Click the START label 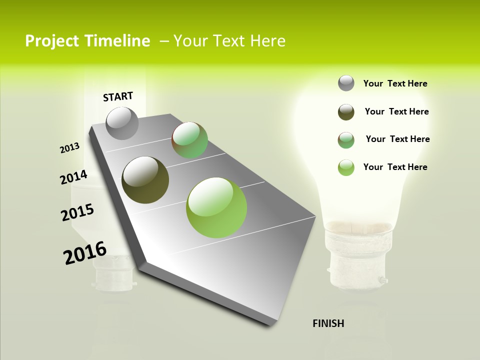point(118,96)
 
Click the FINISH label point(328,323)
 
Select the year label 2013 point(70,148)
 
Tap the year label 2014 point(74,177)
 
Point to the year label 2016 point(85,253)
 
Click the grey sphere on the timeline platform point(122,123)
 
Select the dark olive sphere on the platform point(145,180)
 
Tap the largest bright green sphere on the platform point(216,207)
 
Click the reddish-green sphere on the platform point(189,140)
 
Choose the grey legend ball point(346,83)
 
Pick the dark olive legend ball point(346,112)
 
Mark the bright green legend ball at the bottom point(346,167)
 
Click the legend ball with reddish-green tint point(346,140)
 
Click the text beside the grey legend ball point(395,84)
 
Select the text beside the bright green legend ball point(395,167)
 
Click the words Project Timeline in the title point(87,41)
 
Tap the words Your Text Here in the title point(229,41)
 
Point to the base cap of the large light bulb point(356,265)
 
